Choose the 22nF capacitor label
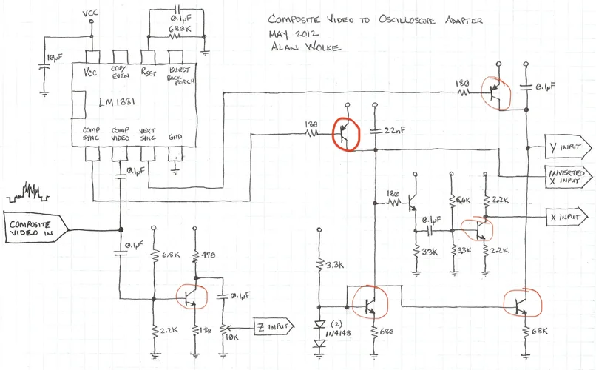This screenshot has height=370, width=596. coord(395,131)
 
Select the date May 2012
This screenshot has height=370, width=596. coord(294,34)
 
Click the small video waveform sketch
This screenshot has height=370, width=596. coord(26,194)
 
